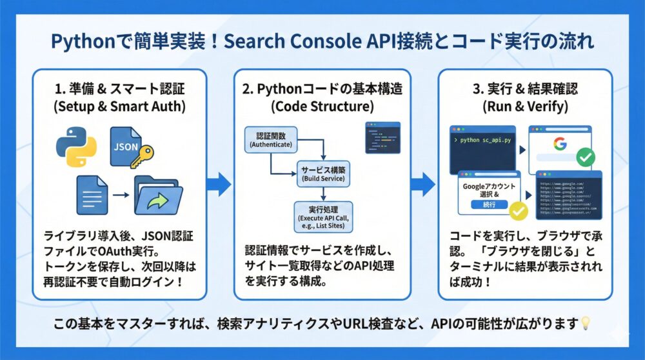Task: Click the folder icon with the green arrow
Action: (157, 195)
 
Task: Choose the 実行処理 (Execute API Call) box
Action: (323, 217)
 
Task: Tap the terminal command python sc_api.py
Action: (484, 139)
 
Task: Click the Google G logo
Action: (559, 143)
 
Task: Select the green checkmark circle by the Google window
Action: (586, 157)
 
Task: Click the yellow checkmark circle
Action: (519, 210)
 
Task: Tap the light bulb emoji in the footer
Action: (586, 321)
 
